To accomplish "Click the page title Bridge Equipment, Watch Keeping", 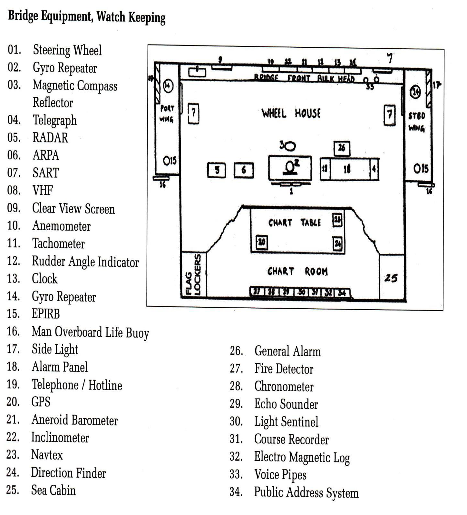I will pyautogui.click(x=87, y=17).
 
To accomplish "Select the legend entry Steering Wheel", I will pyautogui.click(x=67, y=50).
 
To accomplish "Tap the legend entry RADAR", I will pyautogui.click(x=50, y=138).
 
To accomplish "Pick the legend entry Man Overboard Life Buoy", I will pyautogui.click(x=90, y=332).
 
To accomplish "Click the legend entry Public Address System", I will pyautogui.click(x=306, y=492).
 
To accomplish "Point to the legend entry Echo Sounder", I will pyautogui.click(x=286, y=404).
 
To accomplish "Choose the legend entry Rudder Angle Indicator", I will pyautogui.click(x=85, y=262).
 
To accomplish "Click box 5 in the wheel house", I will pyautogui.click(x=217, y=170).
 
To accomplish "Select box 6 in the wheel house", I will pyautogui.click(x=244, y=170).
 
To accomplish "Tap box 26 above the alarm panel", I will pyautogui.click(x=342, y=148).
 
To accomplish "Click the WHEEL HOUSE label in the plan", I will pyautogui.click(x=291, y=113).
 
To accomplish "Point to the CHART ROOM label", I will pyautogui.click(x=297, y=272).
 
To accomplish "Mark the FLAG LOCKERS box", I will pyautogui.click(x=194, y=274).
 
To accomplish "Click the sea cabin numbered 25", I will pyautogui.click(x=391, y=278).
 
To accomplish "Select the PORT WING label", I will pyautogui.click(x=167, y=114).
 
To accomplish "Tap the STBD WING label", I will pyautogui.click(x=417, y=122).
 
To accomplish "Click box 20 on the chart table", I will pyautogui.click(x=262, y=242).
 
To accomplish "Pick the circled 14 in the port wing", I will pyautogui.click(x=168, y=86).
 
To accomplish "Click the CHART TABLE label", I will pyautogui.click(x=294, y=223).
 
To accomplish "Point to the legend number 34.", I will pyautogui.click(x=236, y=492).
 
